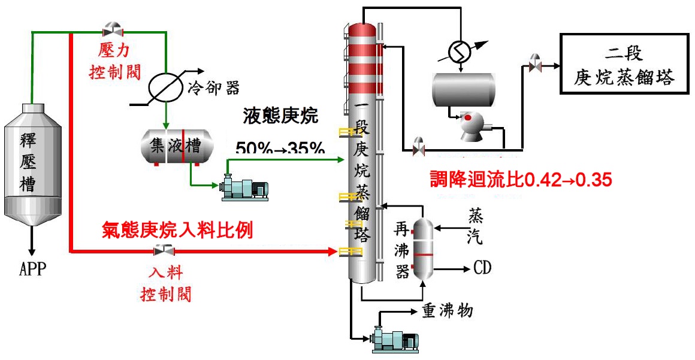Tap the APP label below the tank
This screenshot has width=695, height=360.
coord(31,267)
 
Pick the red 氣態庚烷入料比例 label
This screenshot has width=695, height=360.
coord(178,229)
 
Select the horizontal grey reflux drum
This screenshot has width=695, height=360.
coord(464,89)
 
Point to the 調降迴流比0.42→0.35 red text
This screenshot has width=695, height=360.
coord(521,179)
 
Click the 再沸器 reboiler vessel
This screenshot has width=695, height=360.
coord(423,249)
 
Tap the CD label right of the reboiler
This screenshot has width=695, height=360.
coord(482,267)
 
